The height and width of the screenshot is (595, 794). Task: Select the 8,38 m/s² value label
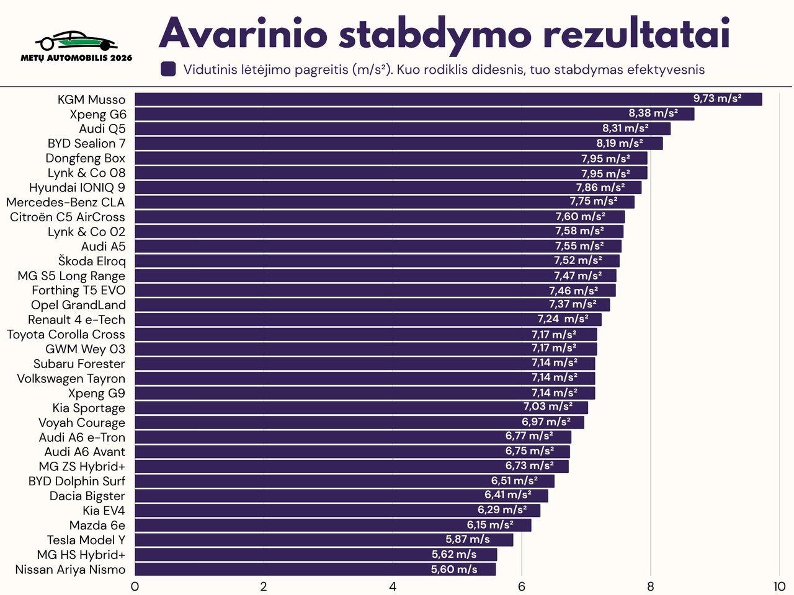[653, 113]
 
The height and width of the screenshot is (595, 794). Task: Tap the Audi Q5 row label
[102, 129]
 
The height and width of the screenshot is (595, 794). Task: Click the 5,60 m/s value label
[454, 569]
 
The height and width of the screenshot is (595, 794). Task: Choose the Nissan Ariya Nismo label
[70, 570]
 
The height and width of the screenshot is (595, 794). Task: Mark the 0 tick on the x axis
[135, 586]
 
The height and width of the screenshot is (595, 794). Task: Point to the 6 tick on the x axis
[522, 586]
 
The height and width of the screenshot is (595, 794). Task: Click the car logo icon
[76, 41]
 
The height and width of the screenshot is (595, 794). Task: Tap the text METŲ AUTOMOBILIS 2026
[76, 58]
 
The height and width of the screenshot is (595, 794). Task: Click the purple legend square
[168, 69]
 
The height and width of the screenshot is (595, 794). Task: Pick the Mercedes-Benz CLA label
[65, 203]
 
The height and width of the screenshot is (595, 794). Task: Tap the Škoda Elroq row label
[92, 261]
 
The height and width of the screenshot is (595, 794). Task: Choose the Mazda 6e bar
[332, 525]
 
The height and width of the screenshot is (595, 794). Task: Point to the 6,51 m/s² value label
[514, 481]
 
